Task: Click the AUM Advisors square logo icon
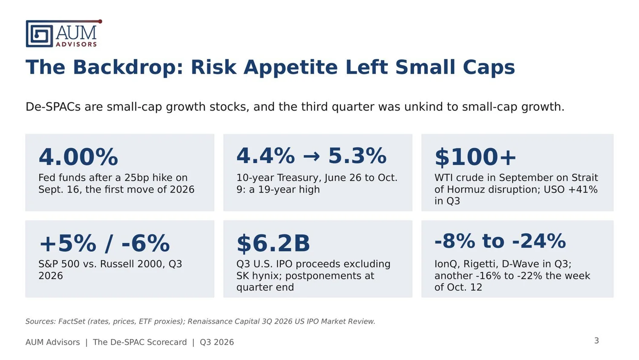tap(39, 34)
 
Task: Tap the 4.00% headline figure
tap(78, 157)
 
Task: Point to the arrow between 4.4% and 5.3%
tap(311, 156)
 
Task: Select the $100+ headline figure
tap(475, 157)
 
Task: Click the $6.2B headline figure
tap(273, 243)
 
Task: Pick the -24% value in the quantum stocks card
tap(539, 241)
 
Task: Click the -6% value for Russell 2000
tap(146, 243)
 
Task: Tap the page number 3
tap(596, 340)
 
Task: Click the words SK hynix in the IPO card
tap(258, 276)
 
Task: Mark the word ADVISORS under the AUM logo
tap(76, 44)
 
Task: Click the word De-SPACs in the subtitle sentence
tap(53, 107)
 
